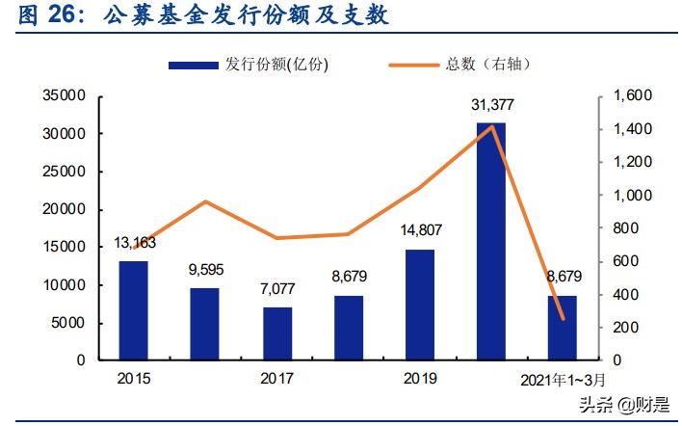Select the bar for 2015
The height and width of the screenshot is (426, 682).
(134, 310)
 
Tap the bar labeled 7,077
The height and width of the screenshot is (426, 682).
(277, 333)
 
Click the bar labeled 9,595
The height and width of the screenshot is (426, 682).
(204, 324)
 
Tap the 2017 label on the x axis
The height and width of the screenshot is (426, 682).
(277, 378)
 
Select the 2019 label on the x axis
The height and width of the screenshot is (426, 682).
(420, 378)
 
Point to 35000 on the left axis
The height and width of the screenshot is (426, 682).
(66, 96)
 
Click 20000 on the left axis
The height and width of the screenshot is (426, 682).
(66, 209)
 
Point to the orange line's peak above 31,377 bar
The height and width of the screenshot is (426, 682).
(491, 126)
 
